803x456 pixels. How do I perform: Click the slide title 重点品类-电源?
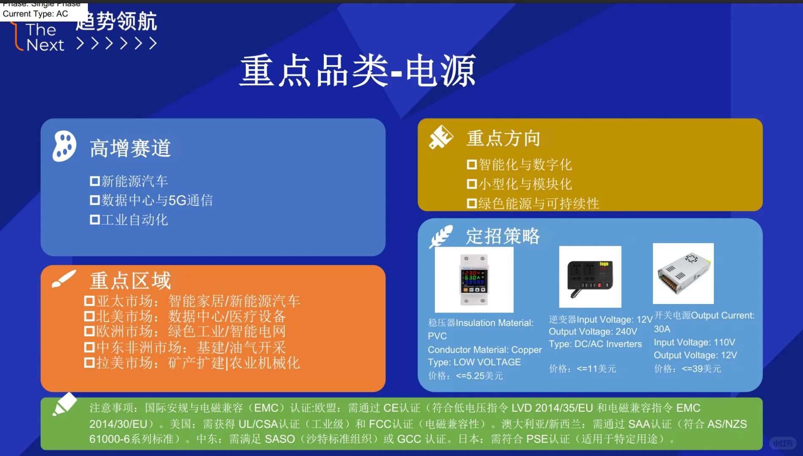coord(358,71)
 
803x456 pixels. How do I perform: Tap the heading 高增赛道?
coord(130,149)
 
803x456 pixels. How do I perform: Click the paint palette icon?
coord(64,146)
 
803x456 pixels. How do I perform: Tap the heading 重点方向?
coord(503,138)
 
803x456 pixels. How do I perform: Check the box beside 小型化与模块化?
coord(472,184)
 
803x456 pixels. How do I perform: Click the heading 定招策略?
coord(503,236)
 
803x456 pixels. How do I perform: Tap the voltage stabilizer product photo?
coord(474,280)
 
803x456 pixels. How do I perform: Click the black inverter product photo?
coord(590,277)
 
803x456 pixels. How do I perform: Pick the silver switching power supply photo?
coord(683,274)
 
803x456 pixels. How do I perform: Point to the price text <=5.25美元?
coord(479,376)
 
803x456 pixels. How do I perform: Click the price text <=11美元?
coord(596,369)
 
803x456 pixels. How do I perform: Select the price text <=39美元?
coord(701,369)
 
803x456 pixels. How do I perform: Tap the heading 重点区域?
coord(130,281)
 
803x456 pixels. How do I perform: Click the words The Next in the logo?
coord(44,38)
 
